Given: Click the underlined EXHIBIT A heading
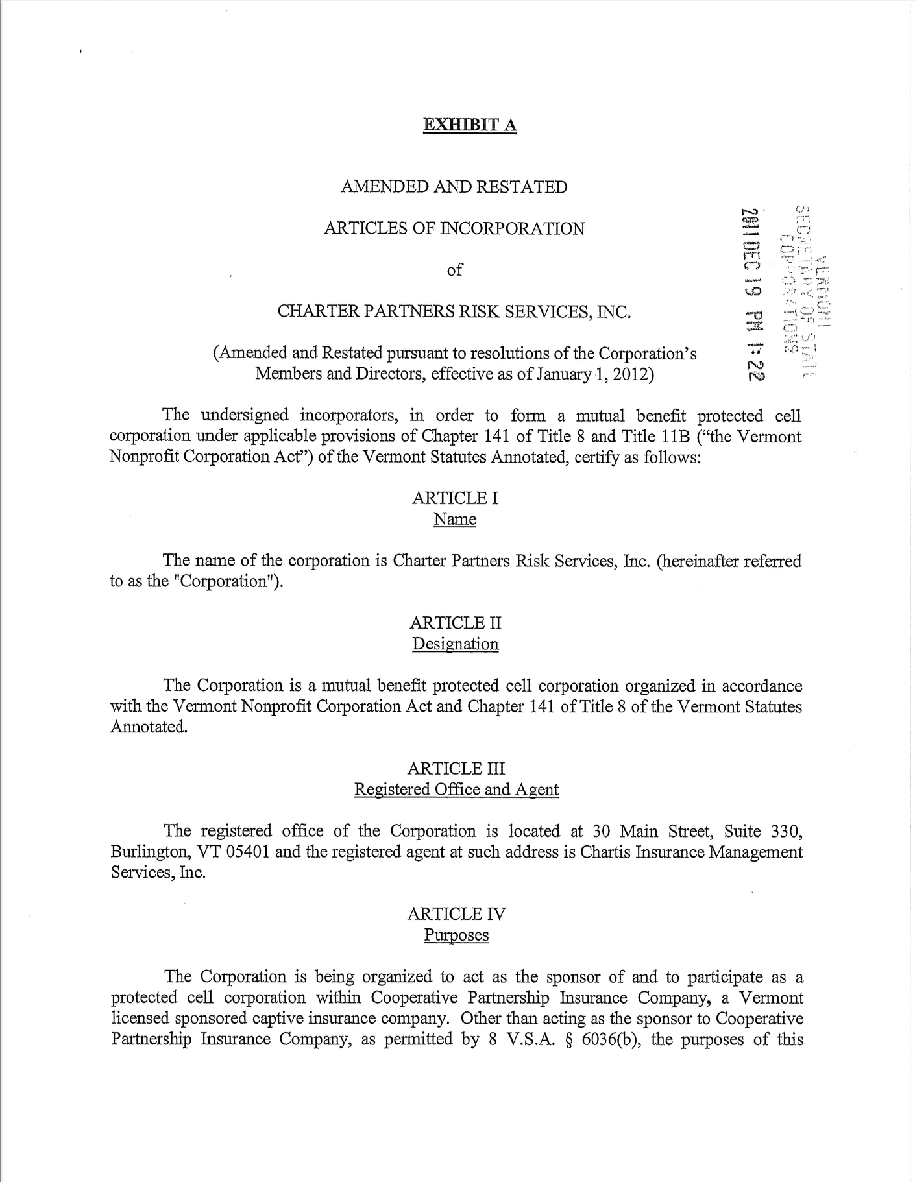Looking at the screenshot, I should point(469,125).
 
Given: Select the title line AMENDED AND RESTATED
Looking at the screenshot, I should point(454,187).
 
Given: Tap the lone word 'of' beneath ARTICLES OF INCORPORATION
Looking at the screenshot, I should point(454,270).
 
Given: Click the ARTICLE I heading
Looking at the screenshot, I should point(455,498).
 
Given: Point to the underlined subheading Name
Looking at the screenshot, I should point(455,520).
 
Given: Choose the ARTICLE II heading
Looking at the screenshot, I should point(456,623).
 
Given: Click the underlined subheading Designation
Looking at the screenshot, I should point(456,644).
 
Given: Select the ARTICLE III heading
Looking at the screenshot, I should point(456,769).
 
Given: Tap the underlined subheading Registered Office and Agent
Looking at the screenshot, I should point(456,790).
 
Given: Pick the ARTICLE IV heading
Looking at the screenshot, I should point(456,914).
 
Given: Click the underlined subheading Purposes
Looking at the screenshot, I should point(456,935).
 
